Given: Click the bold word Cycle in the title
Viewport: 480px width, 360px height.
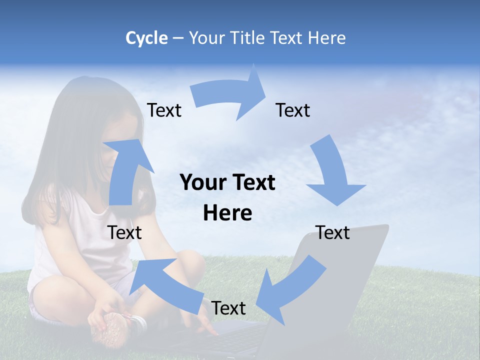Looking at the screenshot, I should [146, 38].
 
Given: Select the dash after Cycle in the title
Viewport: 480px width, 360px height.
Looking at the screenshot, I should [178, 38].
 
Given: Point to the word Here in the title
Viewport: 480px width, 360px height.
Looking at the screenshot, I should [326, 38].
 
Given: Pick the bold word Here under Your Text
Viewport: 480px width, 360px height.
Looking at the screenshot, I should [227, 213].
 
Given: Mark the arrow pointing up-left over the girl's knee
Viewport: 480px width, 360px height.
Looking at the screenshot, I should [165, 283].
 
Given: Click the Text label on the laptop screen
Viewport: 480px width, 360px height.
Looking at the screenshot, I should [333, 232].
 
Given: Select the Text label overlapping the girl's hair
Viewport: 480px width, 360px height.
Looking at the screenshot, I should [164, 110].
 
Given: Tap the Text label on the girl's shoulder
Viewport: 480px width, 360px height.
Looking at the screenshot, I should [125, 232].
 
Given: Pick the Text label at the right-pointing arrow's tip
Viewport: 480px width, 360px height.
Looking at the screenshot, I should [293, 110].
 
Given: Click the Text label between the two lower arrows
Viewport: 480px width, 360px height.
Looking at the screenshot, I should [228, 308].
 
